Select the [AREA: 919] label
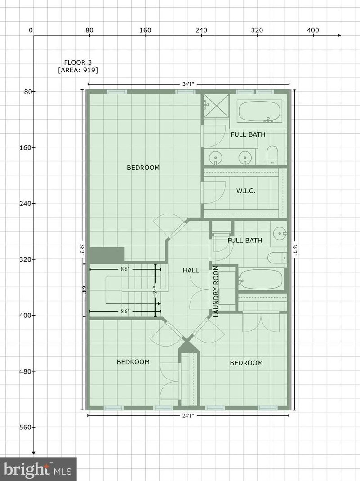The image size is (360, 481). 78,70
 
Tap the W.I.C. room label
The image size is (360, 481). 246,191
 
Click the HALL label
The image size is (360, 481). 191,270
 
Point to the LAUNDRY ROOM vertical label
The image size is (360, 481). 216,291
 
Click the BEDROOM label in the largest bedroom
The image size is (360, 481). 143,168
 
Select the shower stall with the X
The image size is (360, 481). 216,106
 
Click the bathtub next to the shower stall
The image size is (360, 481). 260,111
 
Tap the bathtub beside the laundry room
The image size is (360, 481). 261,280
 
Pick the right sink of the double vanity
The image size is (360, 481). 244,157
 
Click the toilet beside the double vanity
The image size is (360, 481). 273,155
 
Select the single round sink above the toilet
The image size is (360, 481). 280,233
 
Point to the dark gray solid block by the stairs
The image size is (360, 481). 107,254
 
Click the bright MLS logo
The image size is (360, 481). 38,469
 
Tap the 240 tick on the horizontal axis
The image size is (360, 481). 201,31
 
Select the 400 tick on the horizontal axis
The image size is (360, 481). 313,31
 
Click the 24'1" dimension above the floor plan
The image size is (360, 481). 188,84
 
